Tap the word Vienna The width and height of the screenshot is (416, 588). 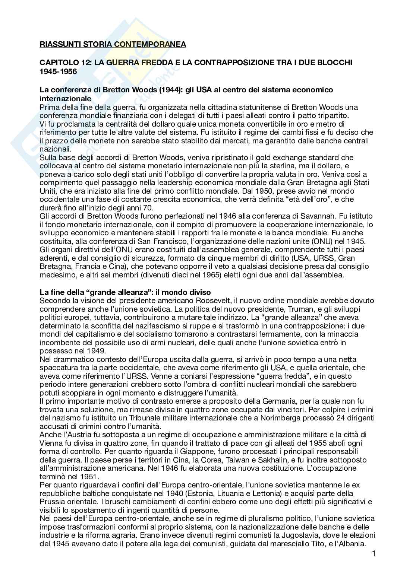(51, 444)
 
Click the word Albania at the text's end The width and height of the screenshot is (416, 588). (351, 544)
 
